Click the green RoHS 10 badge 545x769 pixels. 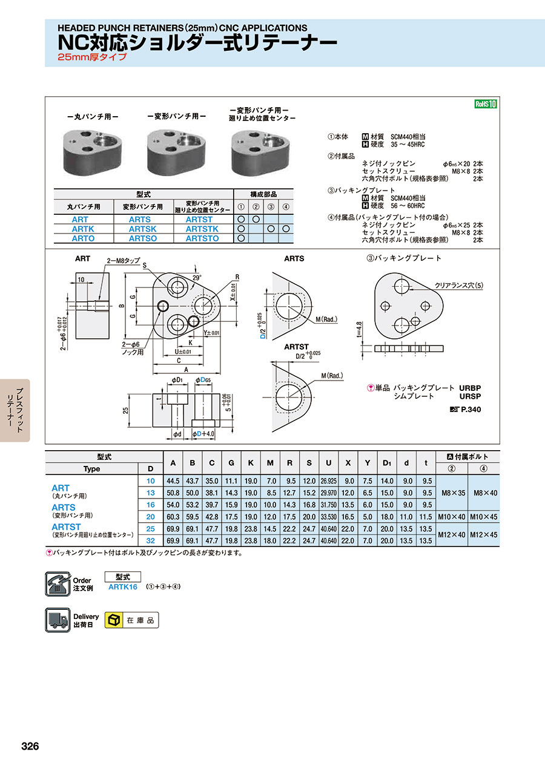pyautogui.click(x=486, y=104)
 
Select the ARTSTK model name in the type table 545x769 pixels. pyautogui.click(x=202, y=229)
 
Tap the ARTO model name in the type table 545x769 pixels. pyautogui.click(x=83, y=238)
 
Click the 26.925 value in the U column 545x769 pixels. pyautogui.click(x=328, y=481)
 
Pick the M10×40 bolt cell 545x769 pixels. pyautogui.click(x=452, y=517)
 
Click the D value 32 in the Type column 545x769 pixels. pyautogui.click(x=151, y=541)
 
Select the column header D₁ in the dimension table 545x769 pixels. pyautogui.click(x=386, y=463)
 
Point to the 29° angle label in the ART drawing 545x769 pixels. pyautogui.click(x=197, y=278)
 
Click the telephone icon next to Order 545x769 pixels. pyautogui.click(x=58, y=584)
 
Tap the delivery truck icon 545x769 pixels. pyautogui.click(x=58, y=620)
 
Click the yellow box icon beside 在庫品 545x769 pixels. pyautogui.click(x=113, y=620)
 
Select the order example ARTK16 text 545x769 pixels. pyautogui.click(x=123, y=587)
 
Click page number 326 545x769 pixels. pyautogui.click(x=30, y=747)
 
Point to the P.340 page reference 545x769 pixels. pyautogui.click(x=471, y=409)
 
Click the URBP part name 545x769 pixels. pyautogui.click(x=470, y=388)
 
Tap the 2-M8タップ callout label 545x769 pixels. pyautogui.click(x=123, y=261)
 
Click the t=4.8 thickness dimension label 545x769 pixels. pyautogui.click(x=359, y=330)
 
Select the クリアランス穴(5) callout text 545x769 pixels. pyautogui.click(x=459, y=286)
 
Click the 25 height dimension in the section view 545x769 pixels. pyautogui.click(x=126, y=411)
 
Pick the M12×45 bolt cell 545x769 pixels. pyautogui.click(x=483, y=534)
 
